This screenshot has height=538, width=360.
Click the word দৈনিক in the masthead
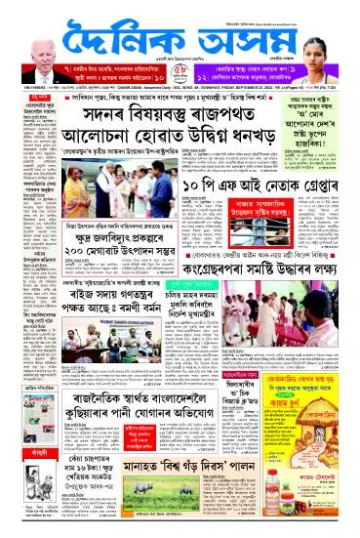126,38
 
